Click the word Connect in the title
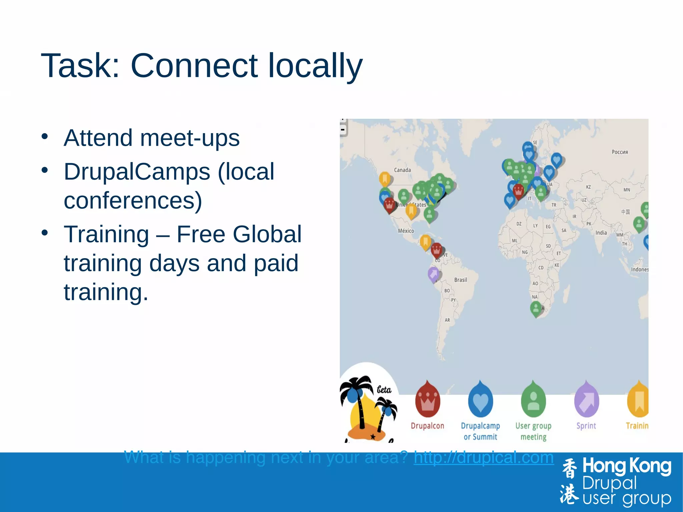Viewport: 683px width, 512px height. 194,66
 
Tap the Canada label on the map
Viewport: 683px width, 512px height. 402,170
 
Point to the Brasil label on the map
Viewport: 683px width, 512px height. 460,280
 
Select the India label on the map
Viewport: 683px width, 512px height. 601,233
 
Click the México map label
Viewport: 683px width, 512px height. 406,231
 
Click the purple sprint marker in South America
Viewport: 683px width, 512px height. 434,274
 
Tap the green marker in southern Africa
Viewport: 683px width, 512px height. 536,309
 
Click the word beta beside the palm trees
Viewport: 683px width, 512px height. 384,390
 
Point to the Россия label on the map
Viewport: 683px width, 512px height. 620,152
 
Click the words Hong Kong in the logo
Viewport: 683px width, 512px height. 626,467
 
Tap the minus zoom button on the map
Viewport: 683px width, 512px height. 343,130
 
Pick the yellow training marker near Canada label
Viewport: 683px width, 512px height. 385,179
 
